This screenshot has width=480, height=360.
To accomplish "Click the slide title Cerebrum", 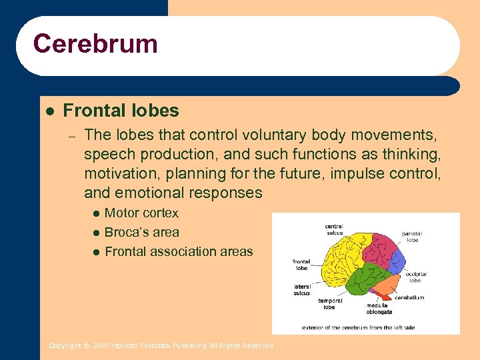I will [95, 44].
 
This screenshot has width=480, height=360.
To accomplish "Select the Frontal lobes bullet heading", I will [121, 111].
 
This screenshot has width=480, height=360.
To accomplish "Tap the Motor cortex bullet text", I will [141, 213].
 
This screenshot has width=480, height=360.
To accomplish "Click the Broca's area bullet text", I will [141, 232].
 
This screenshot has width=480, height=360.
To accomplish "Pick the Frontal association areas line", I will [179, 251].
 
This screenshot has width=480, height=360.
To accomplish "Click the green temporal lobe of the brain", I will [360, 280].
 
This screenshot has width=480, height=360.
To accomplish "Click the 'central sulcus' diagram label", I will [333, 230].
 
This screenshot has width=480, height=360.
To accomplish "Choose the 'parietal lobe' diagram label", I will [412, 237].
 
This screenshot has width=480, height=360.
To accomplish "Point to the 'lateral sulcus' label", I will [301, 289].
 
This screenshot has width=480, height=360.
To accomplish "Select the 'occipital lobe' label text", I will [416, 277].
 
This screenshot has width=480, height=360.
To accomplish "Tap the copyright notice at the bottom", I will [161, 345].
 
